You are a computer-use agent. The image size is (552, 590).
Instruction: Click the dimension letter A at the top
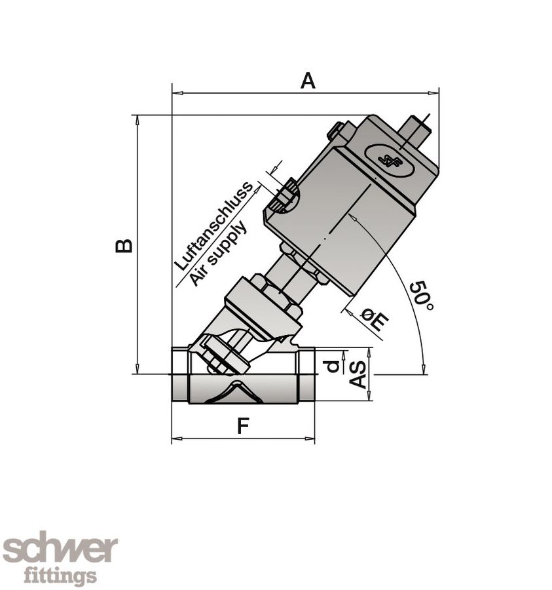[307, 81]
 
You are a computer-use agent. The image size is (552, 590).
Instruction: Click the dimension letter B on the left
[124, 245]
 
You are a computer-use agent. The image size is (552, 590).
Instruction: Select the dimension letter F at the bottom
[242, 426]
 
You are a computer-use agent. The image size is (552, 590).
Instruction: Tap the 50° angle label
[421, 296]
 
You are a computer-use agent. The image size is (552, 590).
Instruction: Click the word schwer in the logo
[60, 549]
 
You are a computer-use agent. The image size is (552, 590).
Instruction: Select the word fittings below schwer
[60, 576]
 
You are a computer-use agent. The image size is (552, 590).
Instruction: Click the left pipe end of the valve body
[179, 376]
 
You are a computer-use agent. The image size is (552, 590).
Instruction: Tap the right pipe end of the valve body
[306, 376]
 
